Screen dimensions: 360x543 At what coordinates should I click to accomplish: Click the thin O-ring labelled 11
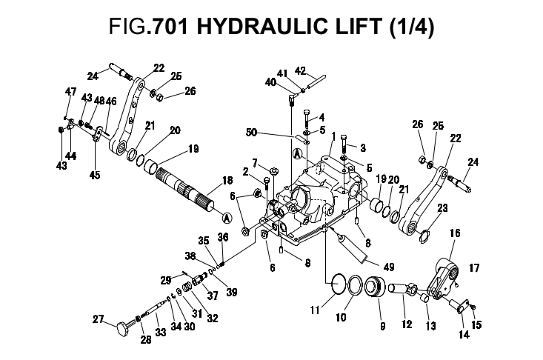339,285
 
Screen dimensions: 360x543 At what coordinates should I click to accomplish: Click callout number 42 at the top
300,71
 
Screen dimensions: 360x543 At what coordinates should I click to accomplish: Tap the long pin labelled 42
313,83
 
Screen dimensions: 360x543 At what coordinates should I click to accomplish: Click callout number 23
444,209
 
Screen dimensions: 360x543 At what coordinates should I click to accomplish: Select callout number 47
71,91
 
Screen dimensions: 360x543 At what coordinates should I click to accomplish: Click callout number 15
477,324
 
